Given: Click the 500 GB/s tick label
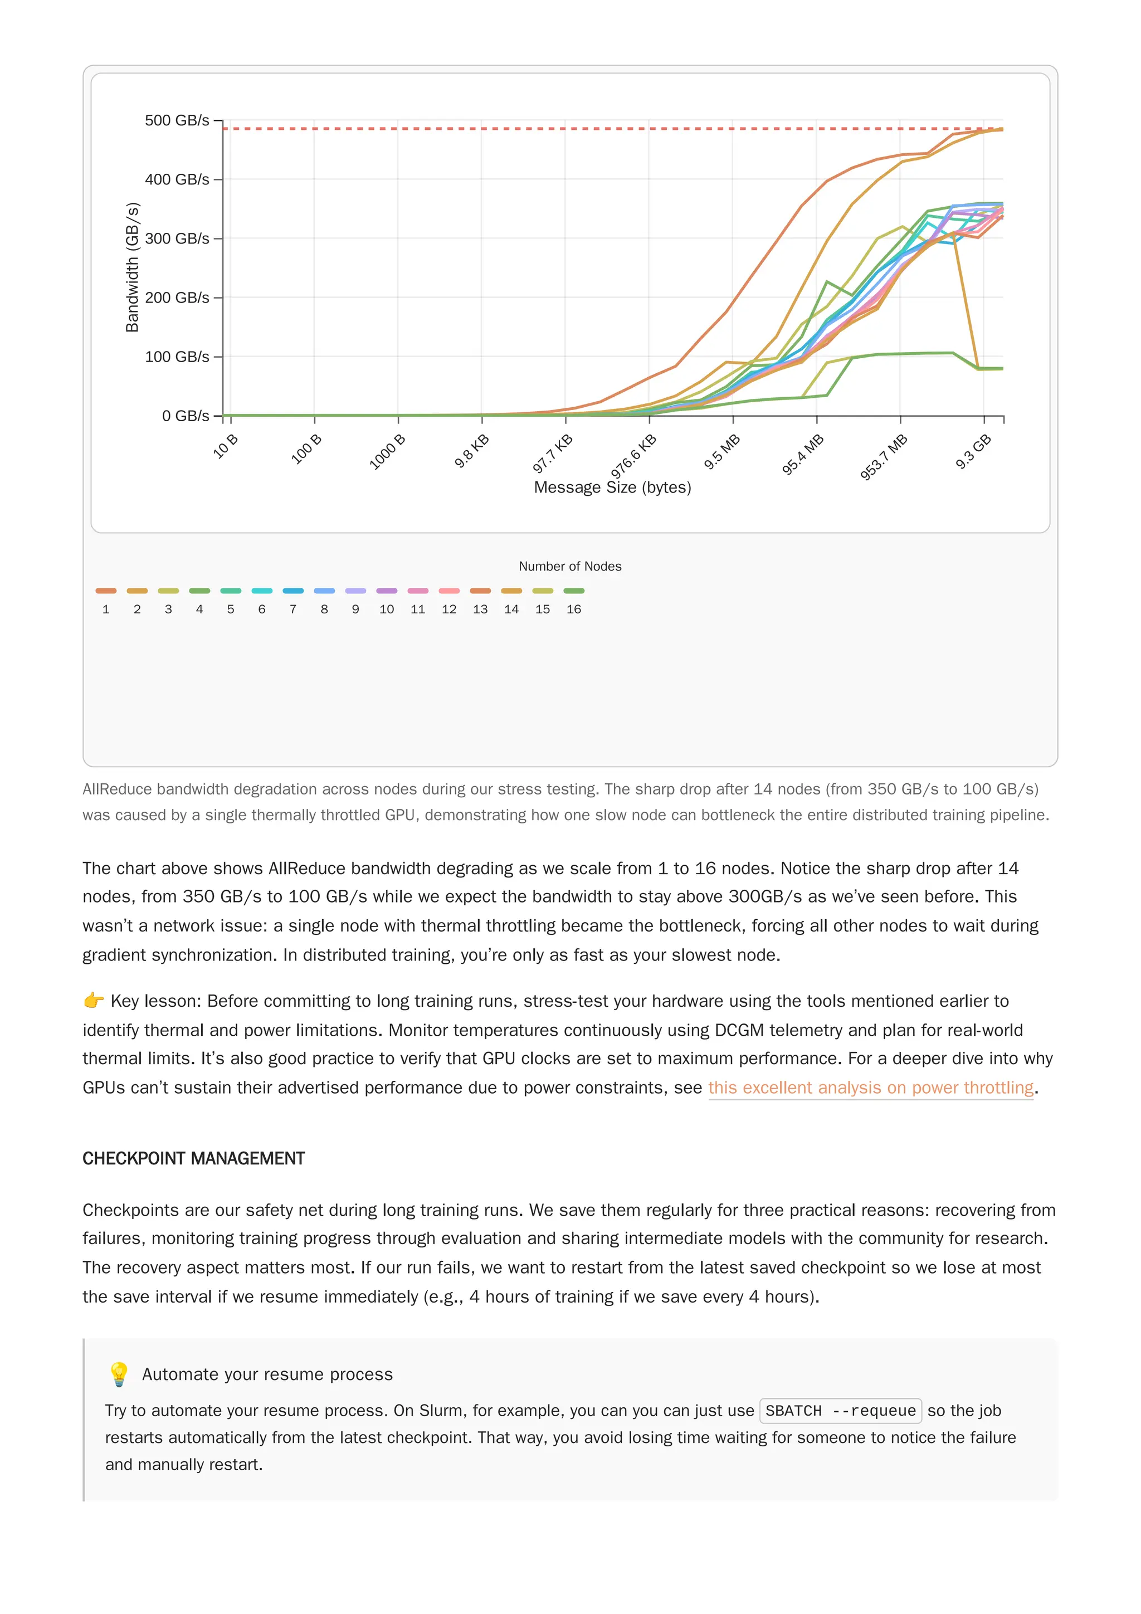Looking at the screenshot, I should point(177,121).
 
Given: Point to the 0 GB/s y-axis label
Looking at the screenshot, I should point(185,416).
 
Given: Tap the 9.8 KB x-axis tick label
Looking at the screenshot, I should point(472,451).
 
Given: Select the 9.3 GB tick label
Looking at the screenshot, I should point(974,451).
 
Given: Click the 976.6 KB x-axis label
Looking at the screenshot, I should point(634,456).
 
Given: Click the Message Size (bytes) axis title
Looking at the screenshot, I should point(612,488).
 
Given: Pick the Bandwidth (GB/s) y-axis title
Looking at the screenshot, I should point(132,267).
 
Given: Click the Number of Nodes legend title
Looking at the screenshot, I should point(570,567).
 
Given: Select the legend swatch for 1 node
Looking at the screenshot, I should point(106,591).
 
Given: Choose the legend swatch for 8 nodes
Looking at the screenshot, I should point(324,591).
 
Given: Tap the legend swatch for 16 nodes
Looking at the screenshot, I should point(574,591).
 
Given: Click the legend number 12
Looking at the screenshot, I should point(449,609).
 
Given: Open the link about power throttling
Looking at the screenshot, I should point(870,1088).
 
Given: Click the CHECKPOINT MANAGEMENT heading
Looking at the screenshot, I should point(193,1158).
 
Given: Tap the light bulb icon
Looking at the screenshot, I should point(119,1374).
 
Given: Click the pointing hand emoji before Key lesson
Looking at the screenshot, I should point(94,1001).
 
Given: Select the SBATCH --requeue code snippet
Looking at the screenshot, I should point(840,1411).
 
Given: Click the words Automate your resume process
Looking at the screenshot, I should point(267,1374).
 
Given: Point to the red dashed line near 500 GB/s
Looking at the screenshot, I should point(492,129).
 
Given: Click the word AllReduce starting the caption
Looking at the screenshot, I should point(116,789).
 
